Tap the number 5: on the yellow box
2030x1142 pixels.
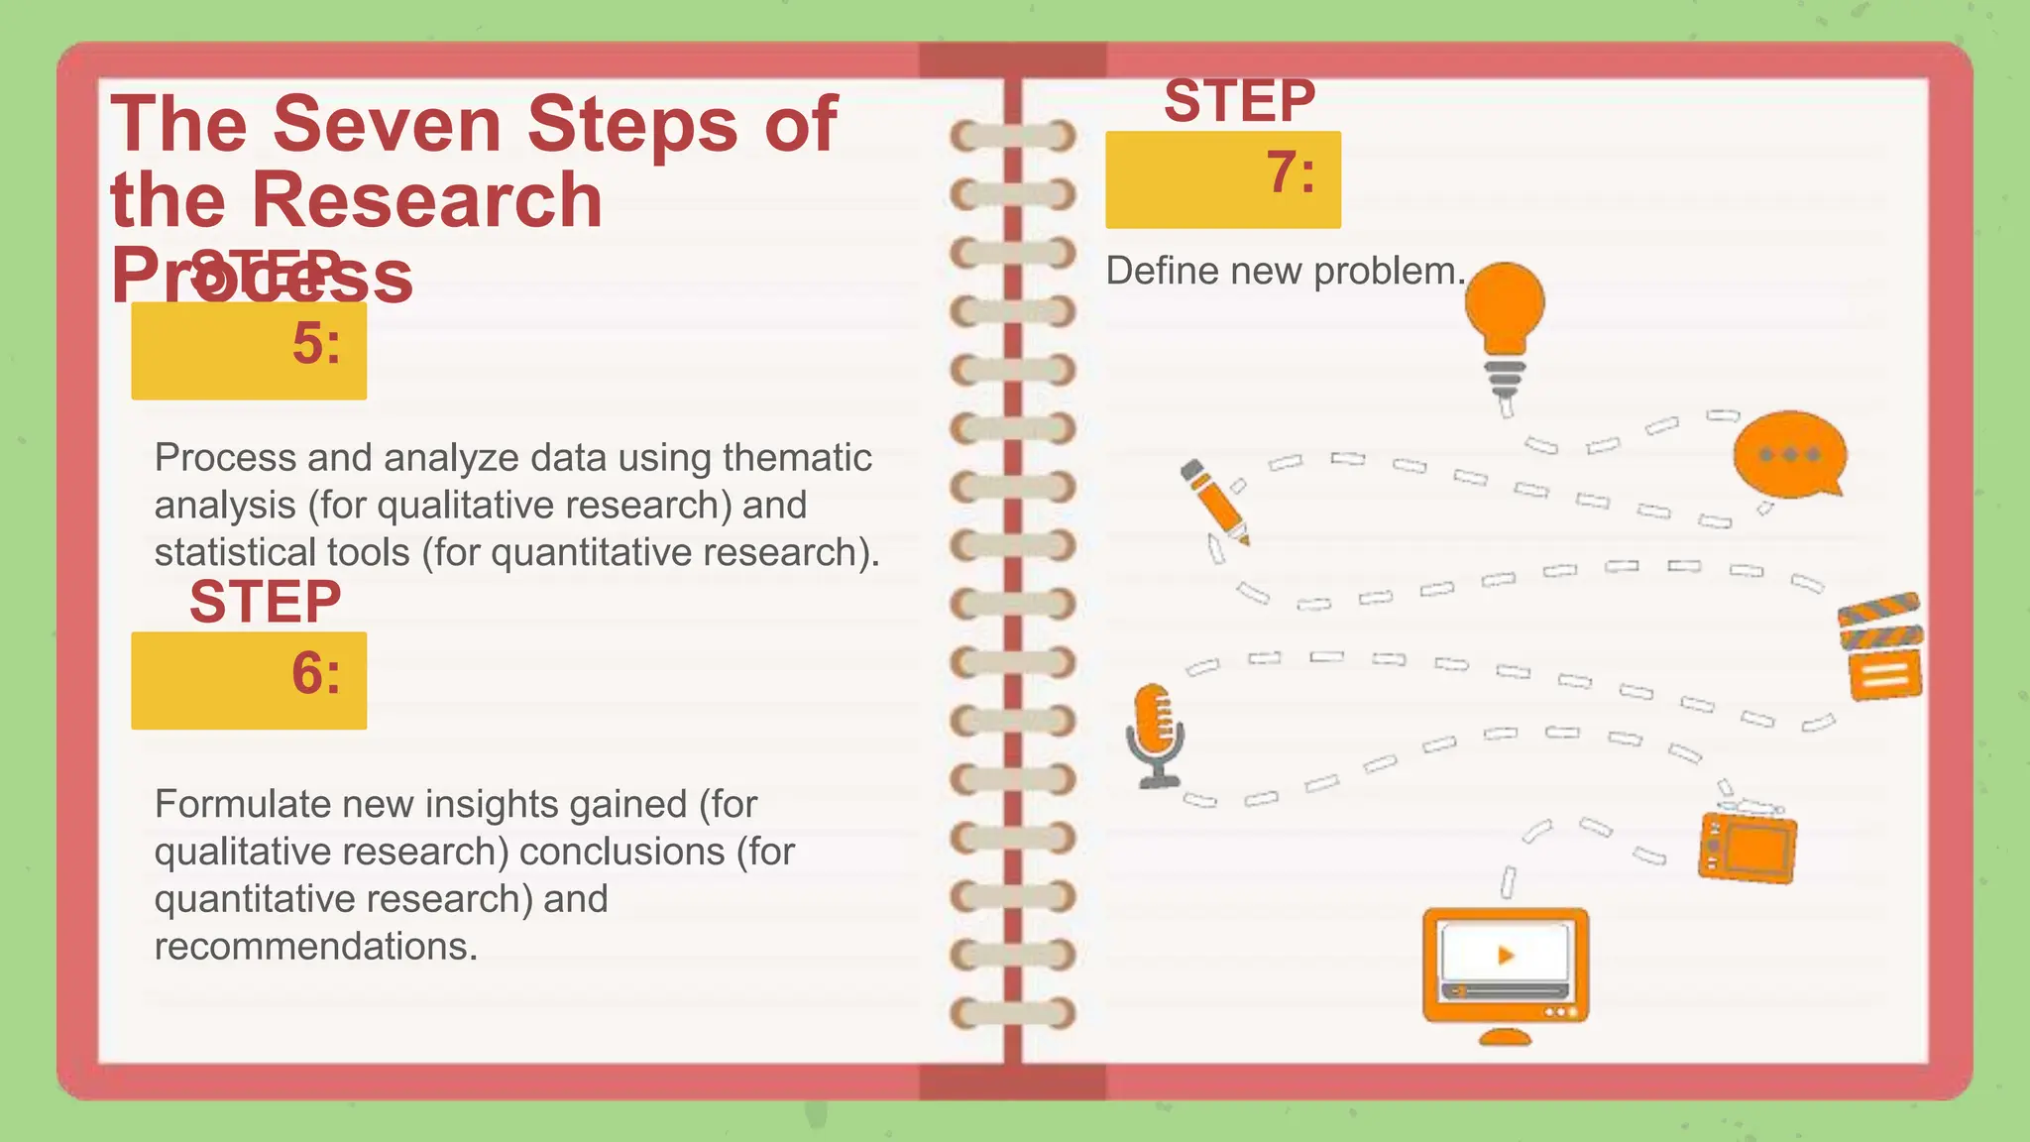316,345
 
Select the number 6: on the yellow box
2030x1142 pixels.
316,674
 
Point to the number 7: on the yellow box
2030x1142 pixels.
1291,173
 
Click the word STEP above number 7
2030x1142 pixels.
1239,101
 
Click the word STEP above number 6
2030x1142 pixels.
265,602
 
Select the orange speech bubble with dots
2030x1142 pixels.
1789,455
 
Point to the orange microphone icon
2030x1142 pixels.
1155,734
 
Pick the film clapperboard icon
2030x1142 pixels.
1881,648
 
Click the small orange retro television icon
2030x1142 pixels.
1748,846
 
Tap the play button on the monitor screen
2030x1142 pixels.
1506,956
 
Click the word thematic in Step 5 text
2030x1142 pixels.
797,458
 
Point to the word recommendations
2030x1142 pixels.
315,947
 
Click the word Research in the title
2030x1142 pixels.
427,200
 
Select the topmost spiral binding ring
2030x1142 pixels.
1013,136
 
